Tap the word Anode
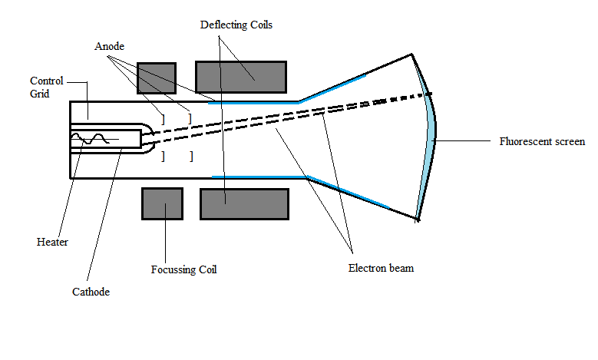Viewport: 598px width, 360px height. coord(110,46)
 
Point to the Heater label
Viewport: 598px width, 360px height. coord(52,242)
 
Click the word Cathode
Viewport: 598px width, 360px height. coord(91,292)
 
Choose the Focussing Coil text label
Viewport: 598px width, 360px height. coord(183,270)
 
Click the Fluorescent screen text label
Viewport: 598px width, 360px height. coord(542,141)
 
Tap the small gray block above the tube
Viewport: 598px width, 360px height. coord(151,78)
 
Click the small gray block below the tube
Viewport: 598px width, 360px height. coord(162,203)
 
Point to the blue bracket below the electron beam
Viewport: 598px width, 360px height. coord(190,157)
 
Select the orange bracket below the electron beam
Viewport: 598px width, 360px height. coord(163,157)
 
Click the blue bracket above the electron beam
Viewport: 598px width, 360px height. coord(190,118)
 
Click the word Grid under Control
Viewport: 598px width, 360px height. coord(39,94)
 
